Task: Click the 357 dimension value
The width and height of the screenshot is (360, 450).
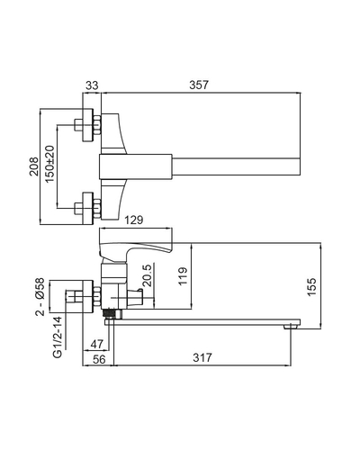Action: click(x=198, y=85)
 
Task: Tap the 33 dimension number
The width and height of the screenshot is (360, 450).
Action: click(x=92, y=85)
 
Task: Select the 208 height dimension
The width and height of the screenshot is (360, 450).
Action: click(x=34, y=166)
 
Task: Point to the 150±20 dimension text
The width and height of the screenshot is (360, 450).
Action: click(x=50, y=164)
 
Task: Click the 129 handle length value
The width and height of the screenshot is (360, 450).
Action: click(x=134, y=220)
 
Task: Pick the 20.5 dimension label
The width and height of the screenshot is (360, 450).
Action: click(x=147, y=275)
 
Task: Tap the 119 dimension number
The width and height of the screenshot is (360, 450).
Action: click(x=183, y=276)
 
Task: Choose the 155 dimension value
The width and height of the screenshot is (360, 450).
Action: click(x=311, y=287)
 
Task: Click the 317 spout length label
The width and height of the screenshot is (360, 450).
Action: click(x=202, y=357)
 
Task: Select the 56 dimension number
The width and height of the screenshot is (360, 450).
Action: click(x=99, y=359)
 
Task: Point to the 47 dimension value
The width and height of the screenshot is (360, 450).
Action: click(x=96, y=344)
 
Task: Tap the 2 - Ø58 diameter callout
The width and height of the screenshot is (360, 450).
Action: click(x=40, y=296)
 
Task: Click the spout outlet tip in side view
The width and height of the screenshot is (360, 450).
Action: click(x=291, y=327)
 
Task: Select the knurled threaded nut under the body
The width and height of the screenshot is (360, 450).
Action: click(x=108, y=313)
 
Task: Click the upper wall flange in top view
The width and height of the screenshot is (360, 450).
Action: click(x=88, y=125)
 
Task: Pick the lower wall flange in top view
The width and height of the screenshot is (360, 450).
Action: click(x=88, y=208)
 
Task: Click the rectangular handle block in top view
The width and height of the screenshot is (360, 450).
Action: click(x=135, y=166)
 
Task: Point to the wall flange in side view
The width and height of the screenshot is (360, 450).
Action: click(x=88, y=296)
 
